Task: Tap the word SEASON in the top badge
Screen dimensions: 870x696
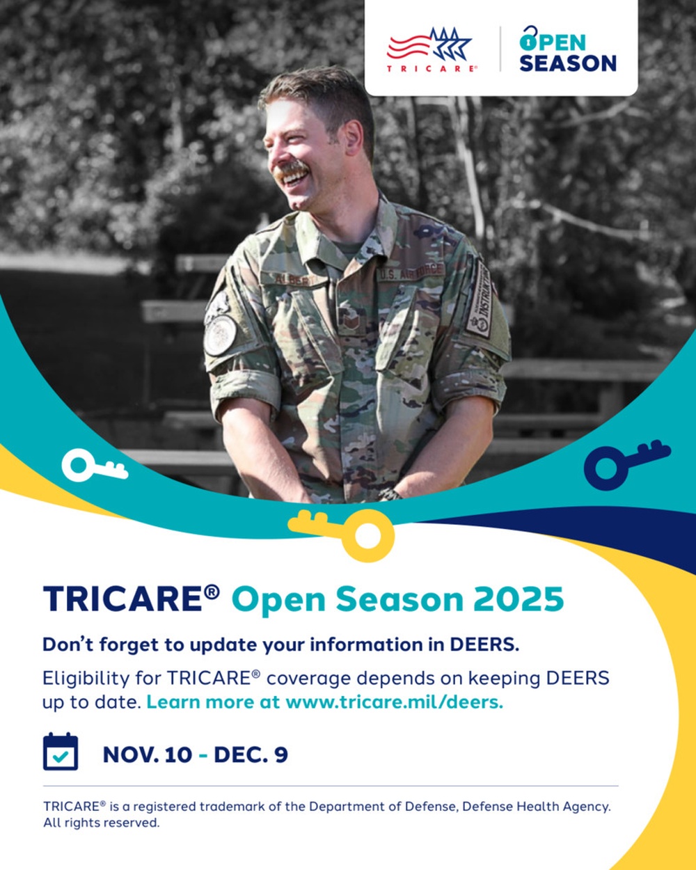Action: coord(567,63)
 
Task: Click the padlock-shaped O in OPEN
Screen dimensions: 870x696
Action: coord(529,39)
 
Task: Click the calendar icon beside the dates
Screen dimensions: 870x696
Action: coord(61,752)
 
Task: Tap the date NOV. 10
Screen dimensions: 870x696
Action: coord(146,754)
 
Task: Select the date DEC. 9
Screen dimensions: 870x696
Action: coord(251,754)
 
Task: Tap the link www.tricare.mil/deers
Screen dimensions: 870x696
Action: coord(394,702)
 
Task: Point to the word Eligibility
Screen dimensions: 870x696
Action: coord(86,679)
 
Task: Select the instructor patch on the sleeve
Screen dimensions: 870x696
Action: coord(480,299)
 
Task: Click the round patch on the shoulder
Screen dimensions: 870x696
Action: coord(219,334)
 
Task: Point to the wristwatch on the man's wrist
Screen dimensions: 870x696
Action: coord(390,494)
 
